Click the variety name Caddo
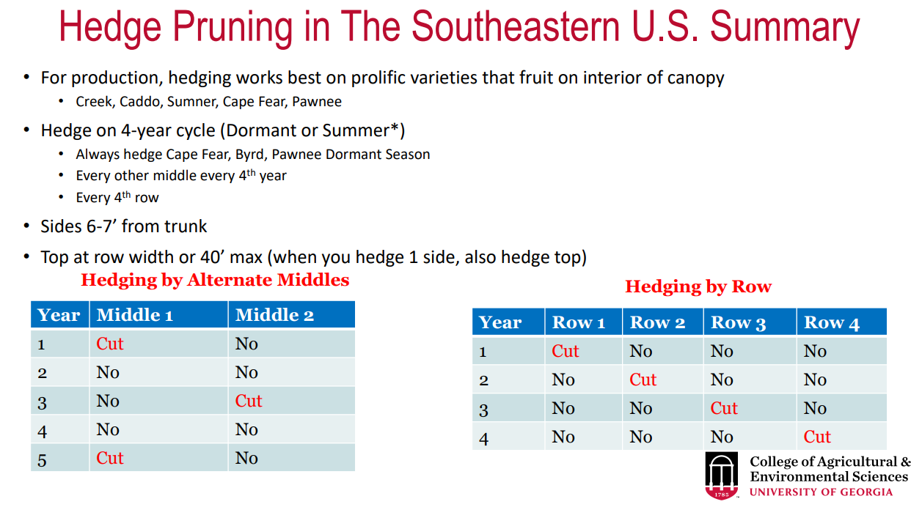[x=139, y=102]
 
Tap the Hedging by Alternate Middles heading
[x=215, y=280]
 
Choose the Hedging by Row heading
[x=698, y=286]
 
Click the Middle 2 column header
[x=274, y=315]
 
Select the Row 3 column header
[x=739, y=323]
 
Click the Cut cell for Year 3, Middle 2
[x=249, y=401]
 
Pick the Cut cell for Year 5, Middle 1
[x=110, y=458]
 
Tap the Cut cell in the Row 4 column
[x=817, y=437]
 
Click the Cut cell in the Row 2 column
[x=643, y=380]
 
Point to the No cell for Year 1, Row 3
[x=722, y=352]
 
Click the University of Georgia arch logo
[x=722, y=475]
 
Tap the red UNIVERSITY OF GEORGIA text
[x=822, y=492]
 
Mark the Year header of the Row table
[x=500, y=323]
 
